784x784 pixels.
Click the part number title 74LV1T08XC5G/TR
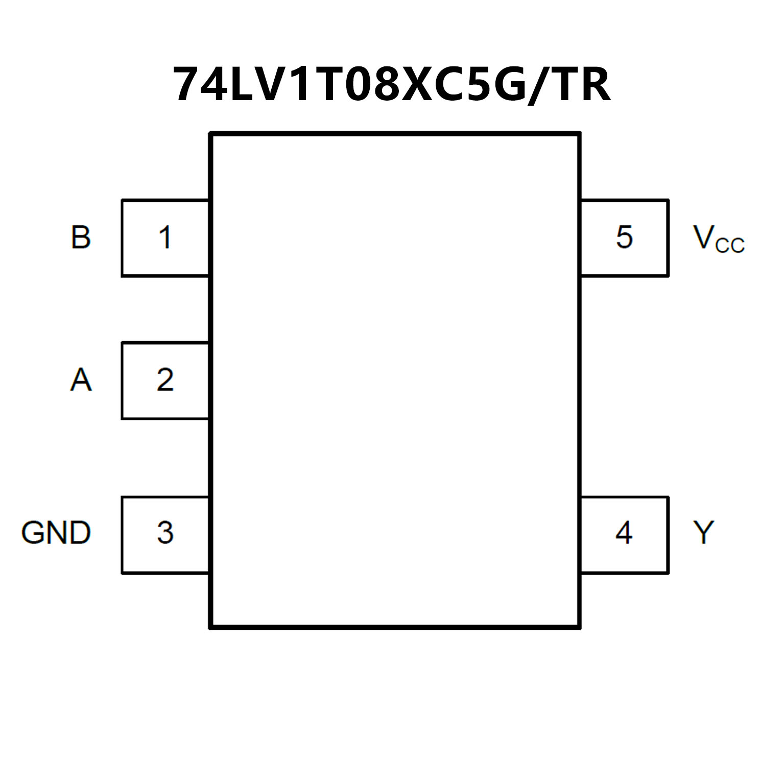pyautogui.click(x=392, y=85)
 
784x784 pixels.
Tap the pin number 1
pyautogui.click(x=164, y=237)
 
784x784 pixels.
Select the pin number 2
pyautogui.click(x=165, y=380)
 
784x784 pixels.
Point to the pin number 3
pyautogui.click(x=165, y=533)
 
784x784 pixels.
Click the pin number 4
pyautogui.click(x=624, y=533)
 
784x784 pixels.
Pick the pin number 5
pyautogui.click(x=624, y=237)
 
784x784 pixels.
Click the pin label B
pyautogui.click(x=81, y=237)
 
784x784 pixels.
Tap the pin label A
pyautogui.click(x=81, y=380)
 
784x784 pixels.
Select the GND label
pyautogui.click(x=56, y=533)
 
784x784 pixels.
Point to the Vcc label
pyautogui.click(x=718, y=239)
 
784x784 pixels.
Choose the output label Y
pyautogui.click(x=703, y=533)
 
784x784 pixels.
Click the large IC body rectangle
pyautogui.click(x=395, y=381)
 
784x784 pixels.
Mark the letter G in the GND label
pyautogui.click(x=32, y=533)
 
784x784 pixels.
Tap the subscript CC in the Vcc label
pyautogui.click(x=730, y=245)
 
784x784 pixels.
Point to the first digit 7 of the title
pyautogui.click(x=188, y=85)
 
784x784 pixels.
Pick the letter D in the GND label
pyautogui.click(x=80, y=533)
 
